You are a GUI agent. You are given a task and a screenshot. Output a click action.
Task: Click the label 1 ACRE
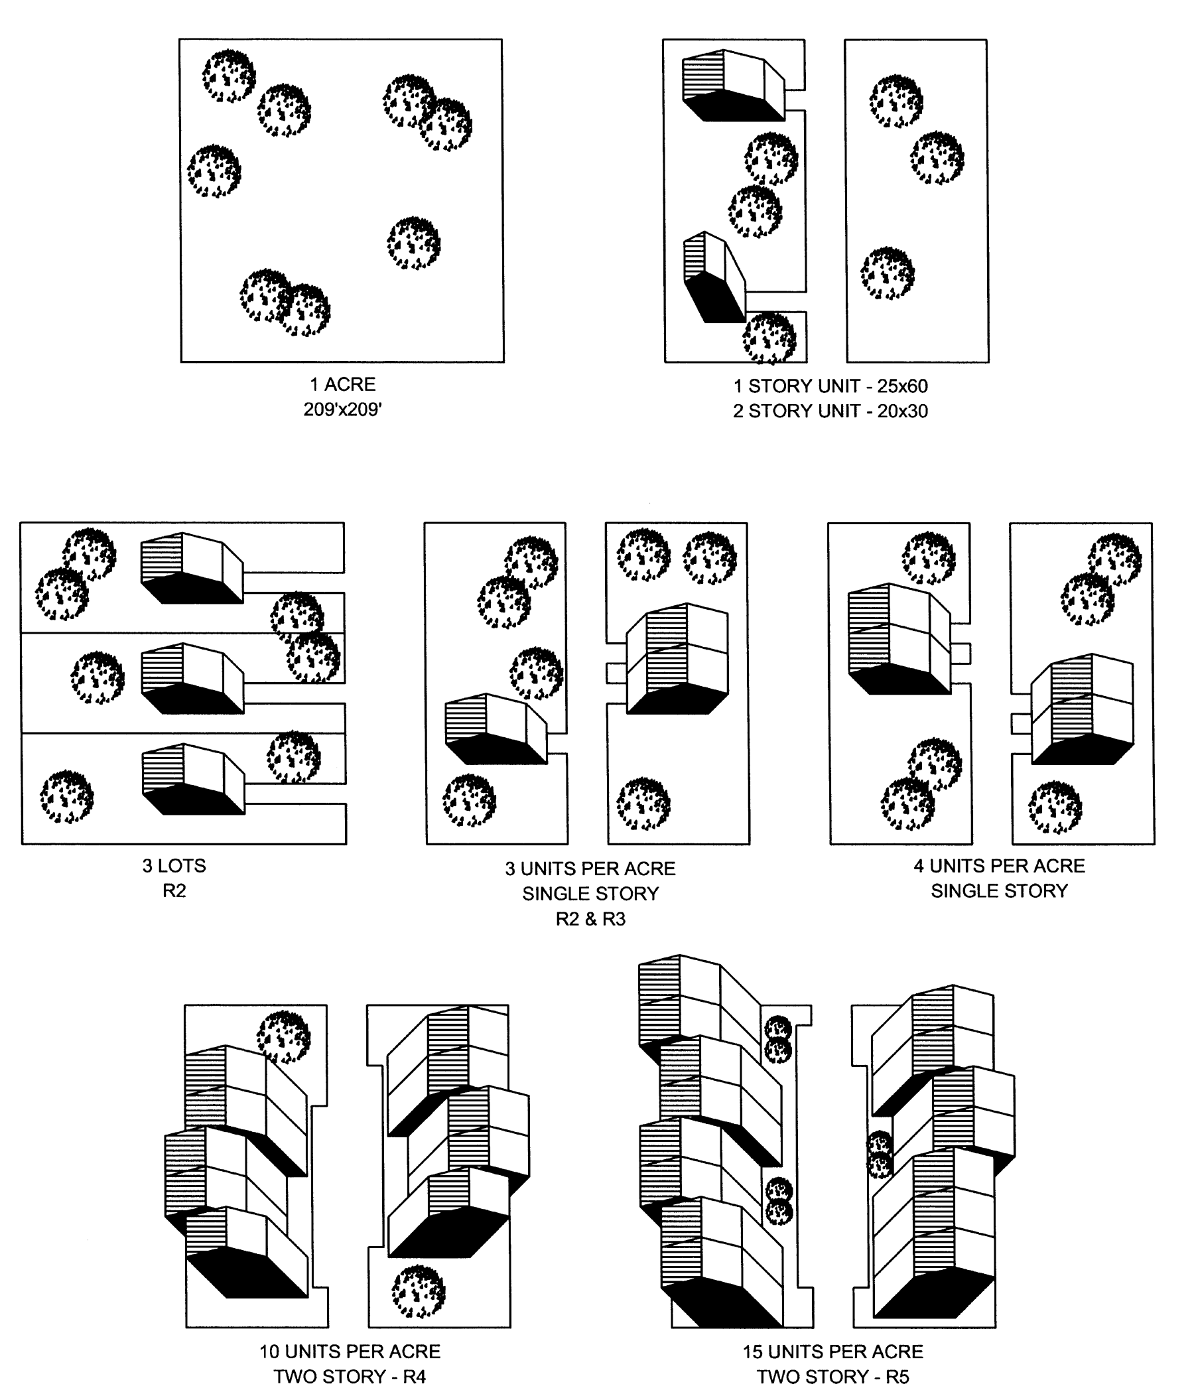[x=342, y=384]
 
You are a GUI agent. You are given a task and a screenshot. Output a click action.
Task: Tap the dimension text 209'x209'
[x=342, y=409]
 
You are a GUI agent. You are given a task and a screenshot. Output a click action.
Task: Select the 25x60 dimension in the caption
[x=902, y=385]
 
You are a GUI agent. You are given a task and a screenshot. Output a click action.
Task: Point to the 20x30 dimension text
[x=902, y=411]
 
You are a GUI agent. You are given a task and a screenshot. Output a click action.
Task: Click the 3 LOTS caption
[x=174, y=865]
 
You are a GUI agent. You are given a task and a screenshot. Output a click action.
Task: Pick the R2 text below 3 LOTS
[x=174, y=890]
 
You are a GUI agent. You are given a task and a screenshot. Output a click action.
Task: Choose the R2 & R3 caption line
[x=591, y=919]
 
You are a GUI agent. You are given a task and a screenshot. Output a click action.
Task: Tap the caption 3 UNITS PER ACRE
[x=590, y=869]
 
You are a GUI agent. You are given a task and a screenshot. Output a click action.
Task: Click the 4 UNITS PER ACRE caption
[x=1000, y=865]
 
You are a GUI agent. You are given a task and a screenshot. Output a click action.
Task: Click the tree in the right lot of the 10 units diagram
[x=419, y=1292]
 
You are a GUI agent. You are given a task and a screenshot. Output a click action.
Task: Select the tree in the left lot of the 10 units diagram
[x=284, y=1037]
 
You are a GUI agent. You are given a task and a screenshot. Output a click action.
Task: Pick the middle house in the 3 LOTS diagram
[x=192, y=678]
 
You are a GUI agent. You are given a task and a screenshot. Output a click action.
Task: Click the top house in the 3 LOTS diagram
[x=192, y=568]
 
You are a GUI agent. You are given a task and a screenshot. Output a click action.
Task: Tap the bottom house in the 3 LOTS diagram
[x=193, y=779]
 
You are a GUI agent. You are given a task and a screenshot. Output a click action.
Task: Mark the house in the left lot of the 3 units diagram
[x=496, y=729]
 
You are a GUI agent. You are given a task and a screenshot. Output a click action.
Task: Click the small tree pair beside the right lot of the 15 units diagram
[x=880, y=1155]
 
